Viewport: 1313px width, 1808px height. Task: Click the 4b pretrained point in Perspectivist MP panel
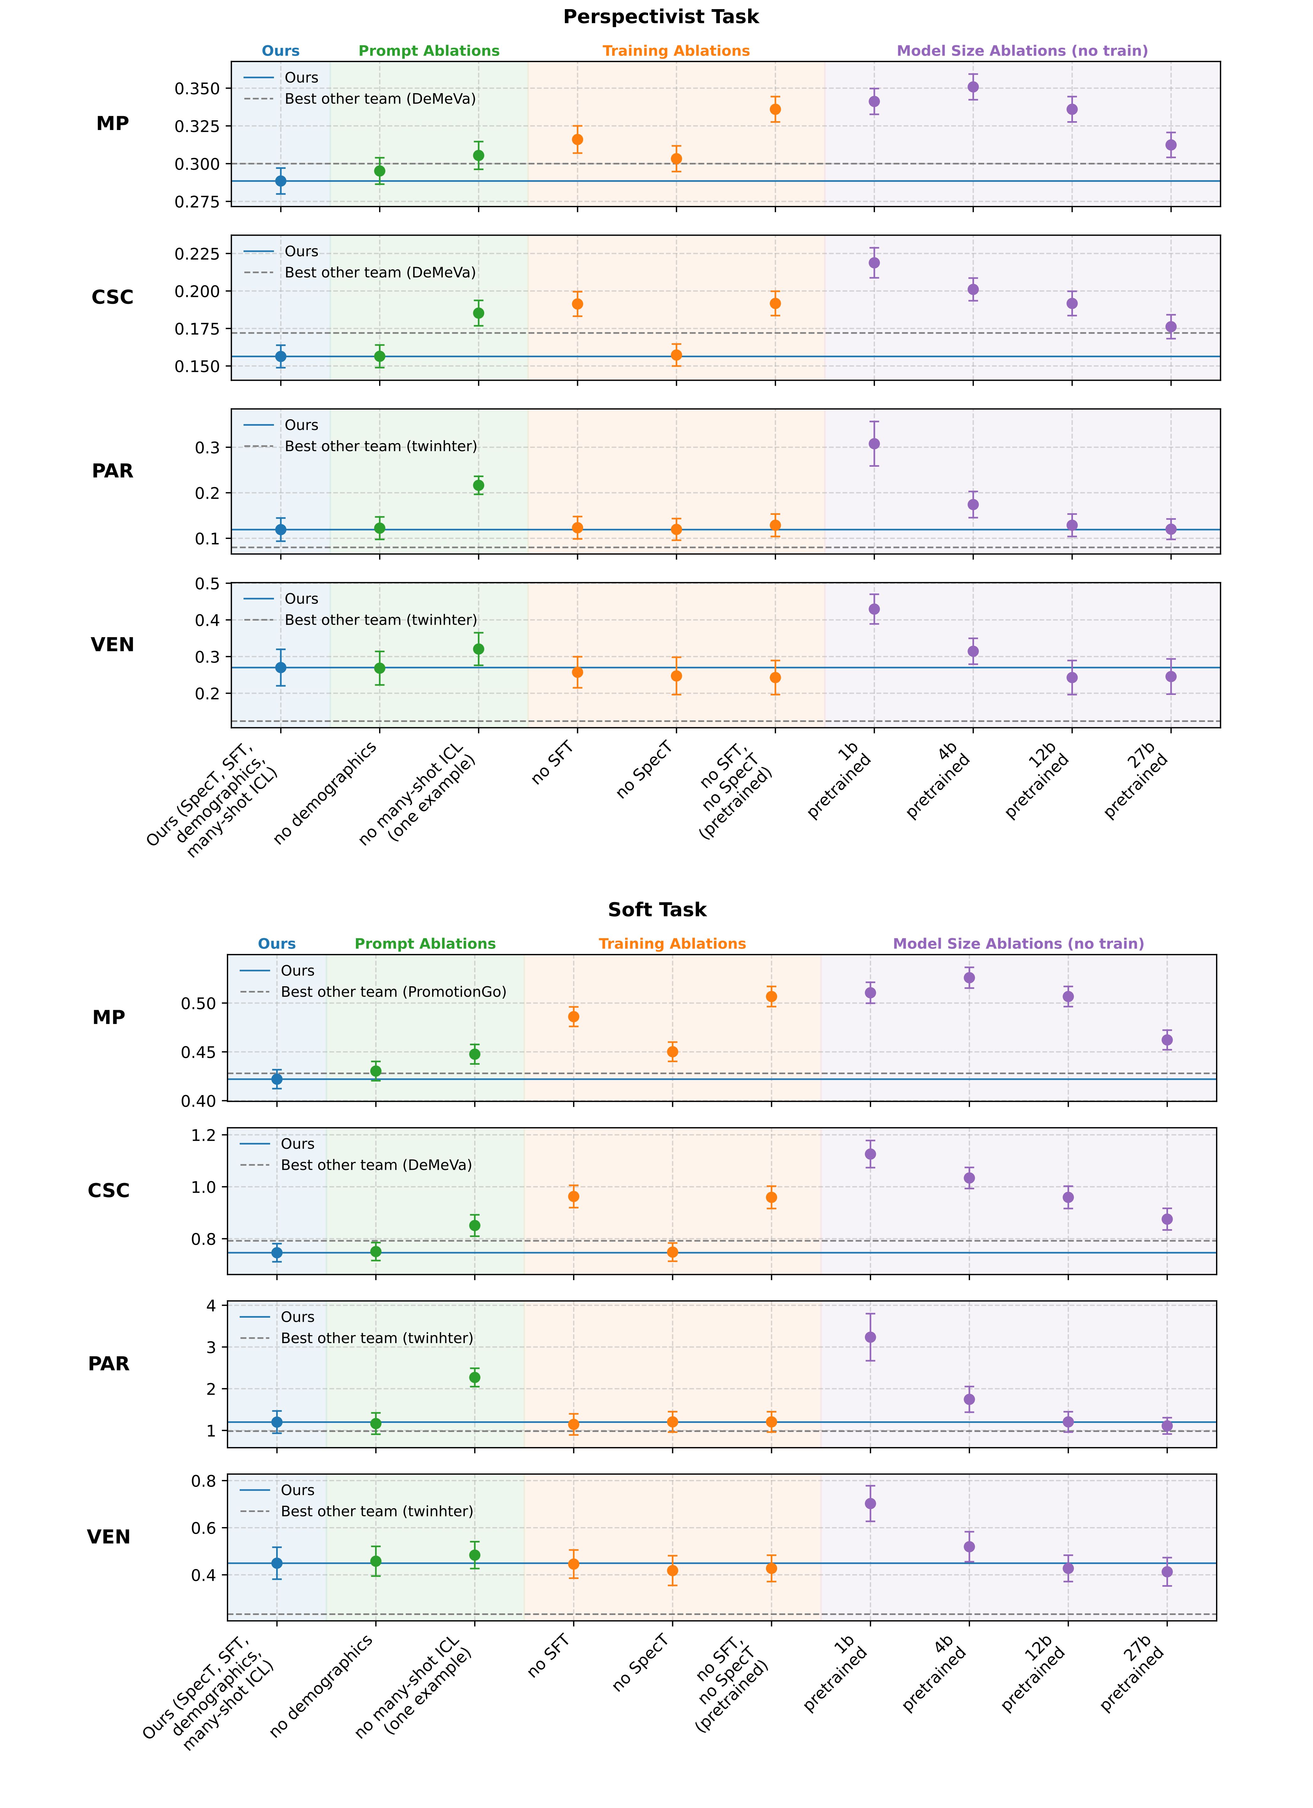point(973,87)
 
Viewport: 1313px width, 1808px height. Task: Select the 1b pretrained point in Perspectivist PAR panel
point(874,444)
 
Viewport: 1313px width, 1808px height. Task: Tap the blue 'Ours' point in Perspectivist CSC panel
point(281,356)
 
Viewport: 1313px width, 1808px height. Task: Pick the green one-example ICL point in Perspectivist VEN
point(478,649)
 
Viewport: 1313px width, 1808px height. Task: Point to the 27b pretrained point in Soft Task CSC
point(1167,1219)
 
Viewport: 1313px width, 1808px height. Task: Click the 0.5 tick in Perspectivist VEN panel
point(208,584)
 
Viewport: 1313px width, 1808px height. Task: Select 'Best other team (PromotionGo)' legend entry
point(393,992)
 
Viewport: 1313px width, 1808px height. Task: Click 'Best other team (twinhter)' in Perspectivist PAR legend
point(380,446)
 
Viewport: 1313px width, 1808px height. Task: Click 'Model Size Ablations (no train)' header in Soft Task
point(1018,944)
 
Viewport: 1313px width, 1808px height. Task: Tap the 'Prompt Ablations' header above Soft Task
point(425,944)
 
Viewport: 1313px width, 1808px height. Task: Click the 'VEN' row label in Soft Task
point(108,1537)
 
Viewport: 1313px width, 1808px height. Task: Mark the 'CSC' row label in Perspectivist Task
point(112,297)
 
